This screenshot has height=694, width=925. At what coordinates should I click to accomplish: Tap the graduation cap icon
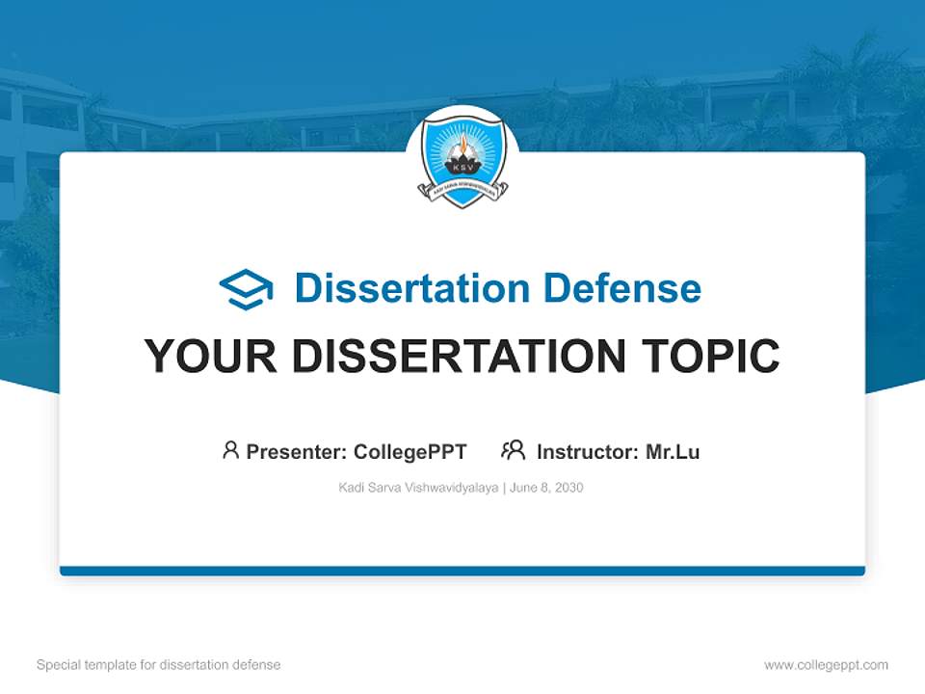click(x=246, y=289)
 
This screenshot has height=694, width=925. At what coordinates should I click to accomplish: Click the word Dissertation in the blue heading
click(x=412, y=288)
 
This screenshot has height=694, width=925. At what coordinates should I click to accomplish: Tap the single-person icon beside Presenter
click(x=230, y=450)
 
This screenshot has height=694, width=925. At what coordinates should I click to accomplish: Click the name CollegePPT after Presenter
click(x=410, y=451)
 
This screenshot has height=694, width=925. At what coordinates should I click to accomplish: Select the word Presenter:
click(x=297, y=451)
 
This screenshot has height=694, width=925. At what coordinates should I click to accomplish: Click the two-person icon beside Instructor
click(x=514, y=450)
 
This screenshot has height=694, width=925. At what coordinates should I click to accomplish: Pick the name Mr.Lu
click(x=673, y=451)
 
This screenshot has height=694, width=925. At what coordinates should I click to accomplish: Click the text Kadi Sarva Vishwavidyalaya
click(x=418, y=488)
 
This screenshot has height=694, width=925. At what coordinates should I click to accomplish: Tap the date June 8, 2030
click(x=546, y=488)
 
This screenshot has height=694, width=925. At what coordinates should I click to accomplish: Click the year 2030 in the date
click(x=568, y=488)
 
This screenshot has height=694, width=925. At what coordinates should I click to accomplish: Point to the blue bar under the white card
click(x=462, y=571)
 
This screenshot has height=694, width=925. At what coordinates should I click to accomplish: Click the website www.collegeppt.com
click(x=826, y=665)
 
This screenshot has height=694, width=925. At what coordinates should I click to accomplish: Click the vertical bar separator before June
click(x=504, y=488)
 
